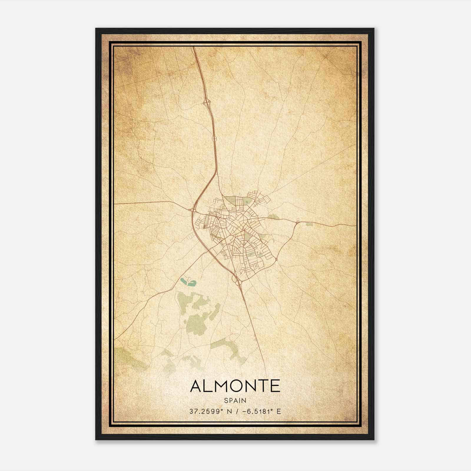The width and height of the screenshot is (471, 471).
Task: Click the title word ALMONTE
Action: (235, 386)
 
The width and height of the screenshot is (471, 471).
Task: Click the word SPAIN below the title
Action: (235, 400)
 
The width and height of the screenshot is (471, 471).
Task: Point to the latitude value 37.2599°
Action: (205, 411)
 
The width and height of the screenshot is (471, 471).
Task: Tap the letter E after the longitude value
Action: (279, 411)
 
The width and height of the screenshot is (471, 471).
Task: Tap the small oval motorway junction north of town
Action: (214, 138)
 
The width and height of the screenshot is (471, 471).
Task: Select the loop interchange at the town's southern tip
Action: (237, 281)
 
